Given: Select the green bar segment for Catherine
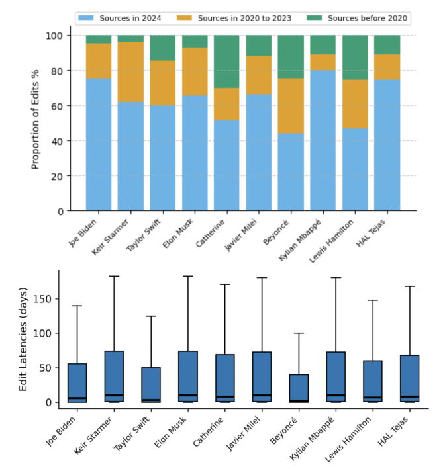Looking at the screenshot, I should pyautogui.click(x=226, y=62).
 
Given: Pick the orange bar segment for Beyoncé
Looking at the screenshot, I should pyautogui.click(x=291, y=106).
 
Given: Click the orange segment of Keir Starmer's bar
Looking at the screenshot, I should pyautogui.click(x=130, y=71).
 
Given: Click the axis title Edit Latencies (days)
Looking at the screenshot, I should pyautogui.click(x=23, y=339).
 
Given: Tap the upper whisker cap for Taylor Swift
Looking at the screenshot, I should pyautogui.click(x=151, y=316).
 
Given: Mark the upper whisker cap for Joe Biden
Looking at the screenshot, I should pyautogui.click(x=77, y=306).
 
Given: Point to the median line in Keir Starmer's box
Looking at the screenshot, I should pyautogui.click(x=114, y=396).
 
